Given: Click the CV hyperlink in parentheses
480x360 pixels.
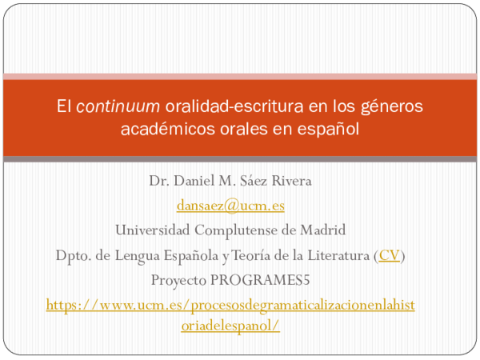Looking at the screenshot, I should click(390, 255).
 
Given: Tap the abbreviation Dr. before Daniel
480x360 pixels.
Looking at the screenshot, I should click(158, 181).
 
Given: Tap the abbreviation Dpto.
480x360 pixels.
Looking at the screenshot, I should click(73, 255).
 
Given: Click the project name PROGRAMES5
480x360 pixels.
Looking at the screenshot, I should click(268, 280).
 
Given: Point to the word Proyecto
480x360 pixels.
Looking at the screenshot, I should click(178, 280).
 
